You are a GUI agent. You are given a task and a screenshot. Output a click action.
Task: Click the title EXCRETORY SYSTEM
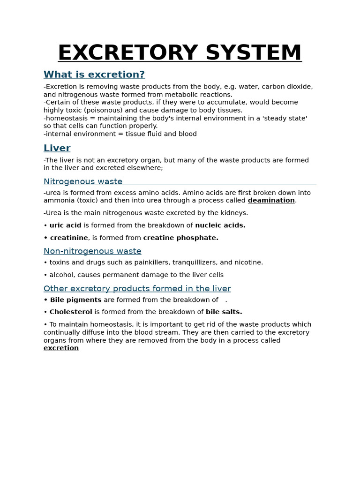pyautogui.click(x=180, y=52)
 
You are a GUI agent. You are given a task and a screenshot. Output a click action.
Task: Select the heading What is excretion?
pyautogui.click(x=94, y=75)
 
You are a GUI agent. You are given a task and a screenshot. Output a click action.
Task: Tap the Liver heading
pyautogui.click(x=57, y=148)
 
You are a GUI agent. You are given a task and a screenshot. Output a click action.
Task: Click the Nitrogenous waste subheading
pyautogui.click(x=83, y=181)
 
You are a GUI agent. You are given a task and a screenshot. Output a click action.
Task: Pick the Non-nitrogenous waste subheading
pyautogui.click(x=92, y=251)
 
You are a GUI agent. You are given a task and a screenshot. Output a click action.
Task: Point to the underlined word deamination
pyautogui.click(x=271, y=200)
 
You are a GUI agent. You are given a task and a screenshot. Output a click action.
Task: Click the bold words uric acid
pyautogui.click(x=66, y=225)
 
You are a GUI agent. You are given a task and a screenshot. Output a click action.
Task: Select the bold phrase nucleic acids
pyautogui.click(x=220, y=225)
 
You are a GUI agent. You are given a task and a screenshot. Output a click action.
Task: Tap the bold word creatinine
pyautogui.click(x=69, y=238)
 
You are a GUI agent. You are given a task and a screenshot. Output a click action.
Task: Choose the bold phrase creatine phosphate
pyautogui.click(x=181, y=238)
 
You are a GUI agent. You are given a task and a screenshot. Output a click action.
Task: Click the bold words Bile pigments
pyautogui.click(x=76, y=300)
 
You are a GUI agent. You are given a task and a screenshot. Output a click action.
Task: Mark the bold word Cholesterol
pyautogui.click(x=71, y=312)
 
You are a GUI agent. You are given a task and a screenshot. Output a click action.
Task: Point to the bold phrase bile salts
pyautogui.click(x=224, y=312)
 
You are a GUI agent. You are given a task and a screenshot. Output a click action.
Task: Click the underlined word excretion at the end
pyautogui.click(x=61, y=348)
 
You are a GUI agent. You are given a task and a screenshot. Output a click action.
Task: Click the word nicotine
pyautogui.click(x=248, y=262)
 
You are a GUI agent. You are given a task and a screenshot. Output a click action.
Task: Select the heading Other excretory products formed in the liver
pyautogui.click(x=137, y=288)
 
